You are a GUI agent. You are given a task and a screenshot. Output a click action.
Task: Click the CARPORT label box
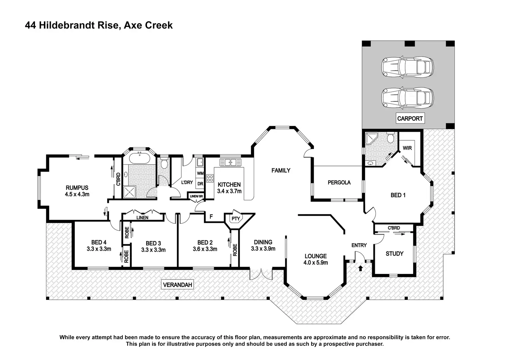click(410, 118)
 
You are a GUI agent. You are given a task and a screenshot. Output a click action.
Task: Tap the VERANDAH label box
click(177, 285)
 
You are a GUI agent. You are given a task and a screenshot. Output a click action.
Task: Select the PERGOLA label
click(339, 182)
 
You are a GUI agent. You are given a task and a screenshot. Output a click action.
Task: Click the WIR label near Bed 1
click(407, 148)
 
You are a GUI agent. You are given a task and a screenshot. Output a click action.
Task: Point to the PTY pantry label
click(235, 219)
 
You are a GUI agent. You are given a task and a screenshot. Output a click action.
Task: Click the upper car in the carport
click(407, 67)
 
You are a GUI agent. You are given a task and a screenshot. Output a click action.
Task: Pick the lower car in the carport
click(407, 98)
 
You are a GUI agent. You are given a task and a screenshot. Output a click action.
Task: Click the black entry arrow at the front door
click(360, 268)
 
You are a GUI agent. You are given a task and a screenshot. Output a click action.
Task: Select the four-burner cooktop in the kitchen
click(210, 178)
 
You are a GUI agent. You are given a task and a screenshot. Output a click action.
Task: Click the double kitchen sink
click(230, 162)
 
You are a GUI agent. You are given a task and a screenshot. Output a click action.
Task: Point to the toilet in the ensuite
click(390, 138)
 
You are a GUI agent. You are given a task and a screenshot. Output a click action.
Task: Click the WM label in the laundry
click(200, 173)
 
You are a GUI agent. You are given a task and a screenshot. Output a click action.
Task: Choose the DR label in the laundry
click(200, 184)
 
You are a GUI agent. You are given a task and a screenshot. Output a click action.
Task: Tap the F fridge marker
click(211, 216)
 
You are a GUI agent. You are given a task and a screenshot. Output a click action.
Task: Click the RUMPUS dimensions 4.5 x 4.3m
click(77, 194)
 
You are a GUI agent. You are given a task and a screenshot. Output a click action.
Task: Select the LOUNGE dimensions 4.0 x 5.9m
click(316, 263)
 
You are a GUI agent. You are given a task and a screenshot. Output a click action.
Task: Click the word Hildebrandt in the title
click(78, 25)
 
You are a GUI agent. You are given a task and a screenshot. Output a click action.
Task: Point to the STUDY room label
click(395, 253)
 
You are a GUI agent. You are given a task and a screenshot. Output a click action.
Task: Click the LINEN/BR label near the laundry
click(196, 196)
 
